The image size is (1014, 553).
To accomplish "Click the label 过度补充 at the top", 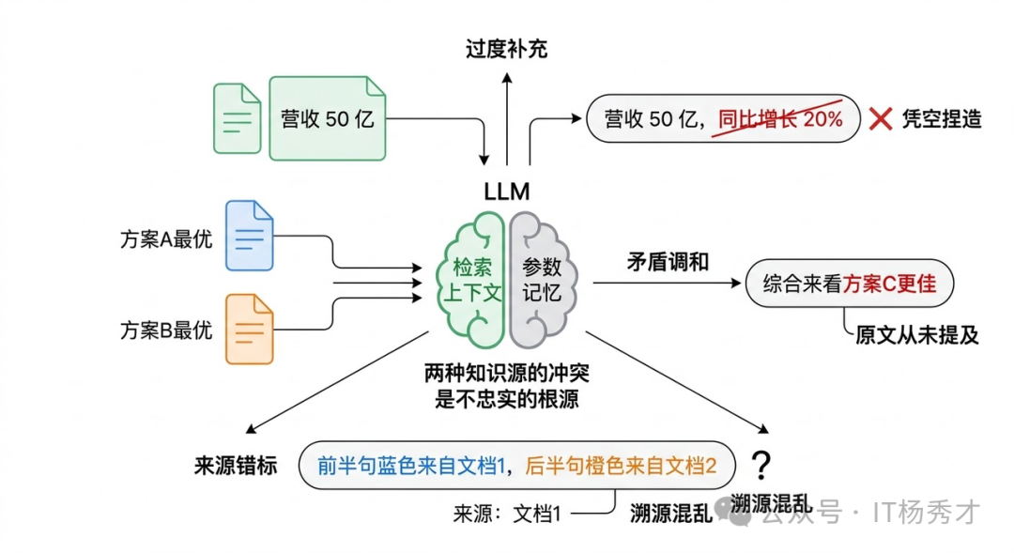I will (507, 49).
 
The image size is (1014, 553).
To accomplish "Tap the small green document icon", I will (237, 118).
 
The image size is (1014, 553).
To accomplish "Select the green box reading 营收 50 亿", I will (328, 118).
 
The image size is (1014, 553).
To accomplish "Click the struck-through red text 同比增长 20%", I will (779, 119).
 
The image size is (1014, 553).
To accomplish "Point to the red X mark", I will (880, 119).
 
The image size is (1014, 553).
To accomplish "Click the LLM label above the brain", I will (507, 192).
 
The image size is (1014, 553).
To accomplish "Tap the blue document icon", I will (249, 236).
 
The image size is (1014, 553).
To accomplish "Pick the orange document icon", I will (249, 329).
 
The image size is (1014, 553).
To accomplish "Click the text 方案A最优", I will (166, 238).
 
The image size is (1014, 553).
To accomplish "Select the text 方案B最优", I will (166, 330).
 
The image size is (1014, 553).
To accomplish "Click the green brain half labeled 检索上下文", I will (472, 279).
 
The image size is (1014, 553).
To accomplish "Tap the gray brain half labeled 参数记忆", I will (543, 279).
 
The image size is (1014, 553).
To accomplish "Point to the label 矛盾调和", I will (668, 262).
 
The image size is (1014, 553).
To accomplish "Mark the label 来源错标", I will (236, 466).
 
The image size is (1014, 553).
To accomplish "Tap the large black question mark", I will (761, 464).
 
